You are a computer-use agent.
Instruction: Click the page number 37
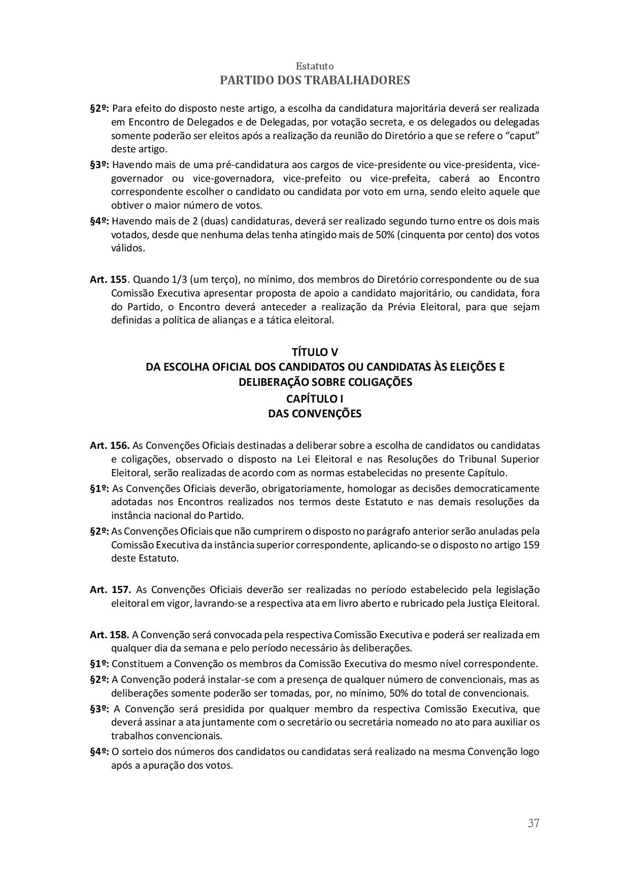[533, 823]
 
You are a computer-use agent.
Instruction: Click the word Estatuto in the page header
[315, 66]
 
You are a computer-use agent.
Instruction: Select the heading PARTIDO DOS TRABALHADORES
[315, 80]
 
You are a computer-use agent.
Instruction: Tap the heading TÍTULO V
[315, 352]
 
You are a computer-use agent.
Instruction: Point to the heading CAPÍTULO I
[315, 399]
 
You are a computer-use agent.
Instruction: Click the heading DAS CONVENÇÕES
[315, 414]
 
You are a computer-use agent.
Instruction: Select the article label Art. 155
[108, 280]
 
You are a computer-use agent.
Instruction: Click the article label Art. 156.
[109, 446]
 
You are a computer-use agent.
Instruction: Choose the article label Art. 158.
[109, 635]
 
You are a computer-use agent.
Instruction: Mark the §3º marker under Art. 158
[100, 709]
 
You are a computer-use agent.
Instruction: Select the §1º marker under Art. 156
[100, 489]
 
